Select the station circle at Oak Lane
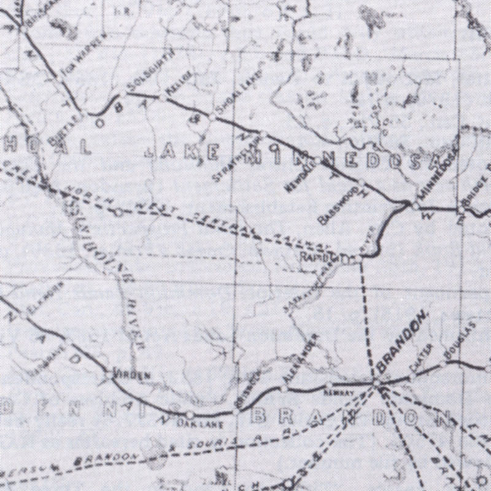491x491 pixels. point(190,415)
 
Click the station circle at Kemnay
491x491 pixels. point(329,385)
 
